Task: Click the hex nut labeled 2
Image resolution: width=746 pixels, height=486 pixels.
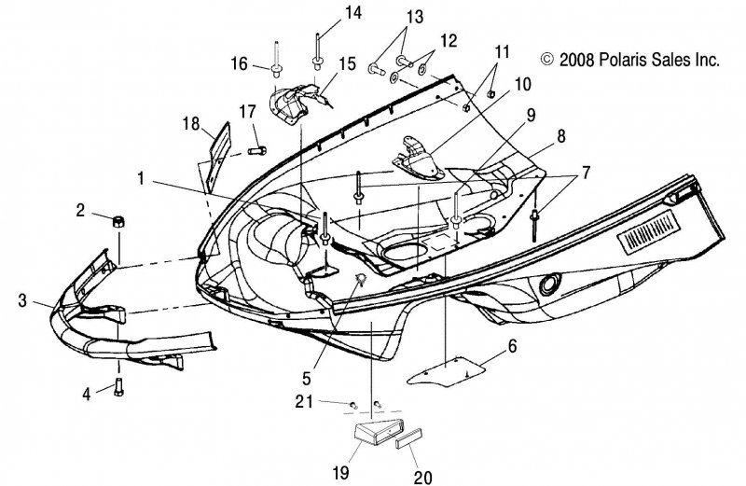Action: click(x=118, y=221)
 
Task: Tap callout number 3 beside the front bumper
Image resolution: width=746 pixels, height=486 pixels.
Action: click(x=21, y=300)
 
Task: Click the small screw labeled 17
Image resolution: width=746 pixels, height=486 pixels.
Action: click(x=257, y=151)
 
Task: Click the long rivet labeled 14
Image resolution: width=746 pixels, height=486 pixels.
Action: click(x=316, y=52)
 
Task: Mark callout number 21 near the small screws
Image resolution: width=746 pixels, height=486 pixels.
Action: click(x=304, y=402)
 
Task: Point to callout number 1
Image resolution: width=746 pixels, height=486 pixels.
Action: click(x=141, y=179)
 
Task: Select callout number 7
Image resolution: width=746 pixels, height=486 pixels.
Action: click(x=586, y=173)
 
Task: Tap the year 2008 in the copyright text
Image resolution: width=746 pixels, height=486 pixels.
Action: click(x=576, y=60)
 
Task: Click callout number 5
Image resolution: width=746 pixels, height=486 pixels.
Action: click(x=307, y=378)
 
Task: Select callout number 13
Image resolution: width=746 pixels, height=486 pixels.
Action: click(x=414, y=17)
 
